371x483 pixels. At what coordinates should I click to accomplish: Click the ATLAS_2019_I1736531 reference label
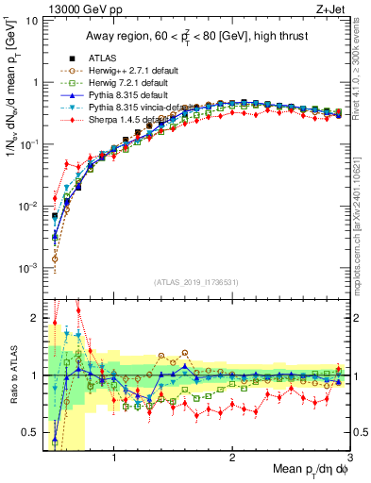click(195, 282)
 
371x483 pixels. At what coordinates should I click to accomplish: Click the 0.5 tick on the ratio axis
click(28, 432)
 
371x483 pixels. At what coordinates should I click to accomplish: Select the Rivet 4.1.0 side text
click(363, 66)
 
